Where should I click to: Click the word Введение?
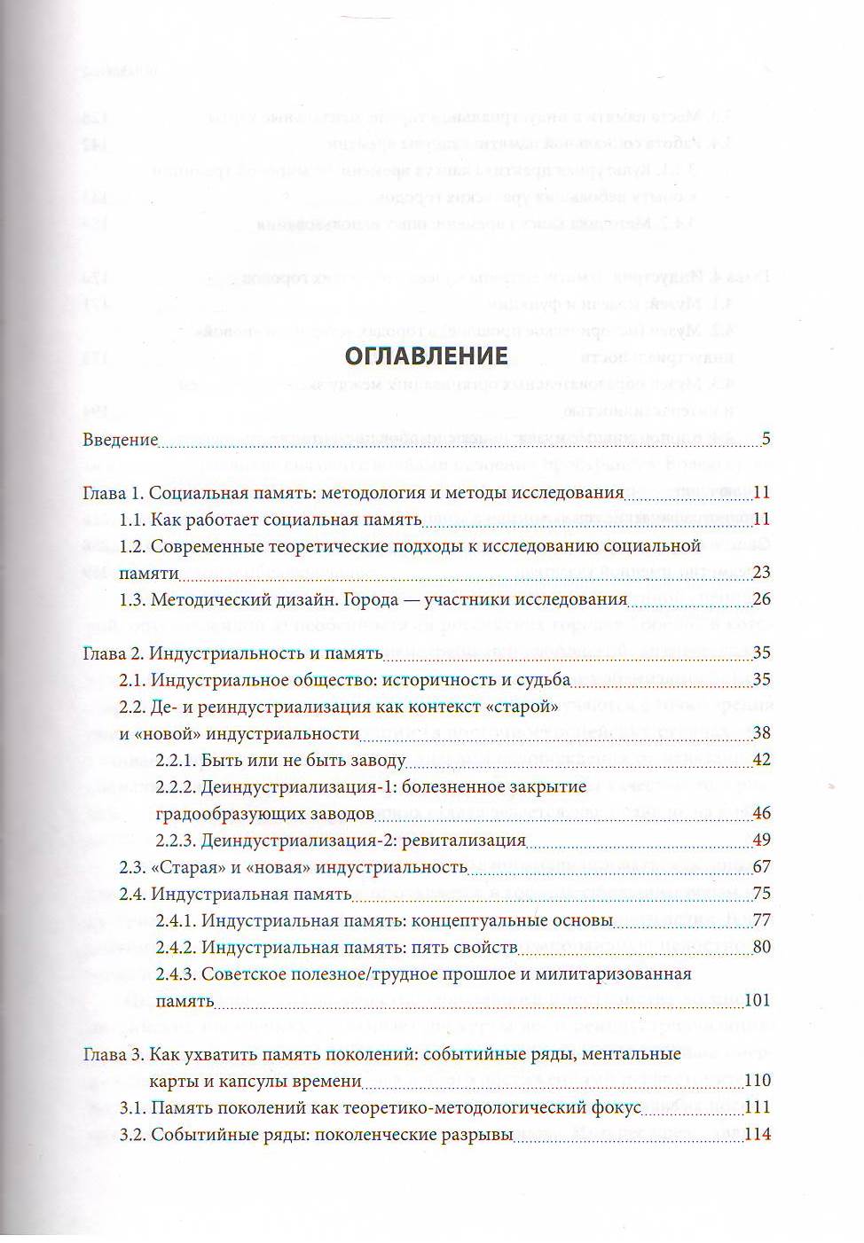coord(120,440)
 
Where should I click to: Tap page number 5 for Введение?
coord(766,440)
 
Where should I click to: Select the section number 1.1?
coord(132,520)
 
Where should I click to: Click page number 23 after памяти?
coord(761,573)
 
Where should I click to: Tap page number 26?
coord(761,600)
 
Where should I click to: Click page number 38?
coord(761,733)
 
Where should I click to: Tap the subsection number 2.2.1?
coord(175,761)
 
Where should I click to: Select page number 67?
coord(761,867)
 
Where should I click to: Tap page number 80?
coord(761,947)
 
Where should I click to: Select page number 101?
coord(757,1001)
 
